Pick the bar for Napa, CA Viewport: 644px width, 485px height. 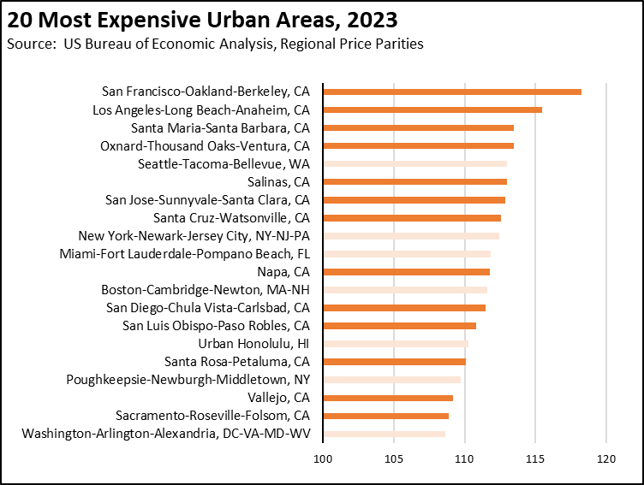pos(406,271)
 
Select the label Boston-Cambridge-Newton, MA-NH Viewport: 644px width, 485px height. pos(205,289)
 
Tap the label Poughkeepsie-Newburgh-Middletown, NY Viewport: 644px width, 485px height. pos(188,379)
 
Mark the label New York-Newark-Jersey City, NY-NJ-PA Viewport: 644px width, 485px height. pos(194,235)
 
